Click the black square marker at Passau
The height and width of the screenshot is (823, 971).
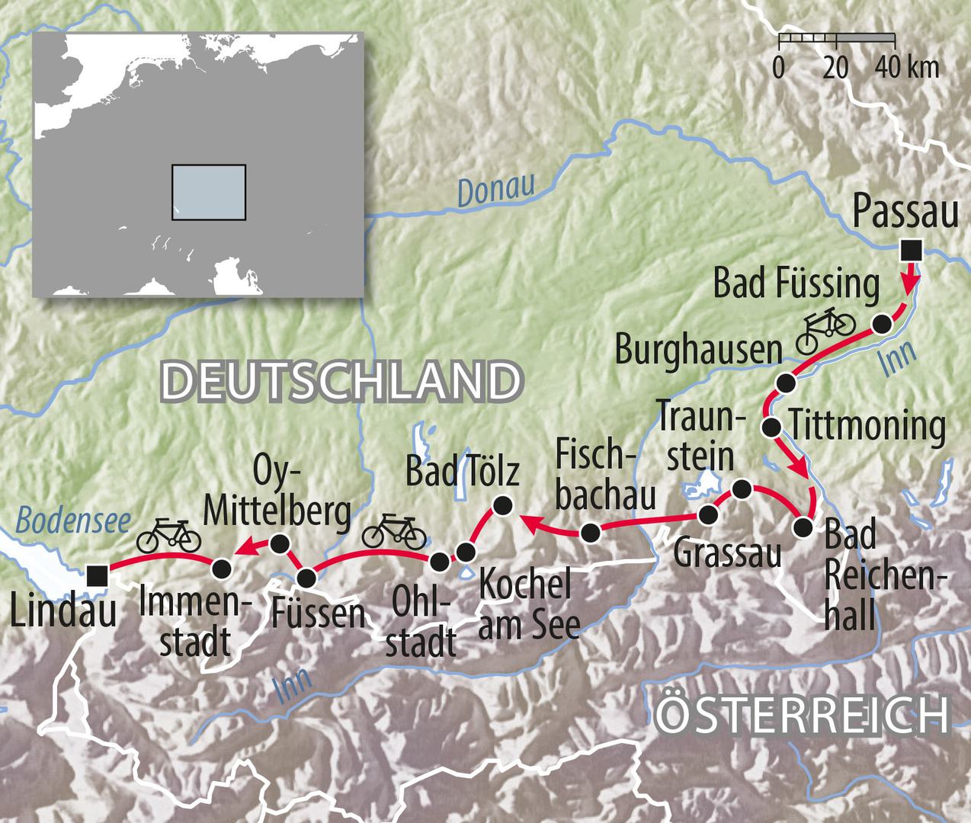(910, 248)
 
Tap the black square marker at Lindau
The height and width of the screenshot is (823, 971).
(96, 575)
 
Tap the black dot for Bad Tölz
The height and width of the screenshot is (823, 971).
(502, 504)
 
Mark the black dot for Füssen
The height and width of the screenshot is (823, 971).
(306, 578)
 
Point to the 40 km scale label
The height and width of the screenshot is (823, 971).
(908, 68)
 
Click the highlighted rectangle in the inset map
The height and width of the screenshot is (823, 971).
(208, 192)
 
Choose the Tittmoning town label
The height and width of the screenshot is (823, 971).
(867, 425)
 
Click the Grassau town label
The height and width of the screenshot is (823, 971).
(727, 552)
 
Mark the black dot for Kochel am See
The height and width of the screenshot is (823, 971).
(466, 552)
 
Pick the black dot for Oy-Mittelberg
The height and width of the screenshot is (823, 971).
(280, 543)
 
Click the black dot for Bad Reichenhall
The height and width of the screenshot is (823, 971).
(802, 527)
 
